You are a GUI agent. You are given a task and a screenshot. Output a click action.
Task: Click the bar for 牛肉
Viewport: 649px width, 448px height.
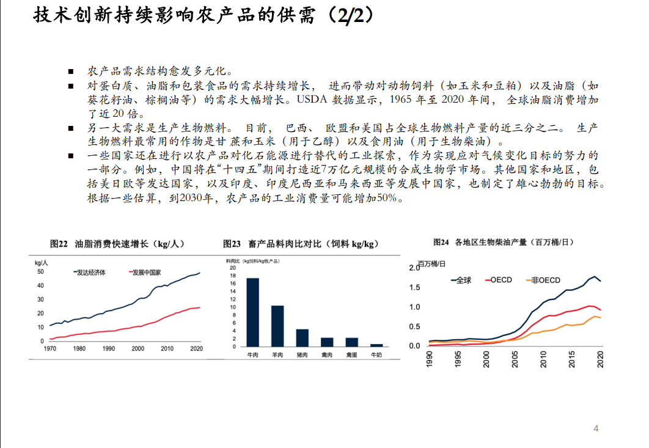(252, 312)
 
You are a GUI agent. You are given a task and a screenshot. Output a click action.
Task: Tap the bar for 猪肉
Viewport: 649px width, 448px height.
(302, 337)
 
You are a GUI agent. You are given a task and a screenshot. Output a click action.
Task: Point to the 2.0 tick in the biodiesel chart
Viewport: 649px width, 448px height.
(414, 268)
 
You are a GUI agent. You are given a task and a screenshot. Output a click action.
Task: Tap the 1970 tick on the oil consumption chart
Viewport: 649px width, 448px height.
(50, 348)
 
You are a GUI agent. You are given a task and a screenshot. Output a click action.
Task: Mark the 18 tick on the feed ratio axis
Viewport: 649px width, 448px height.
(232, 276)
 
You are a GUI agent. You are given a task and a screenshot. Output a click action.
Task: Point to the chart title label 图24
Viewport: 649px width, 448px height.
(441, 243)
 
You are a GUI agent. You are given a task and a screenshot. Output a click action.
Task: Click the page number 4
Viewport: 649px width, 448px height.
(596, 428)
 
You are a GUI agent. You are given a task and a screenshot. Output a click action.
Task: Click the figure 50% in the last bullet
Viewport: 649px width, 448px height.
(387, 198)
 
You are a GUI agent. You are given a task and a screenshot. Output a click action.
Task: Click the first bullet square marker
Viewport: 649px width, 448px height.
(71, 72)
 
